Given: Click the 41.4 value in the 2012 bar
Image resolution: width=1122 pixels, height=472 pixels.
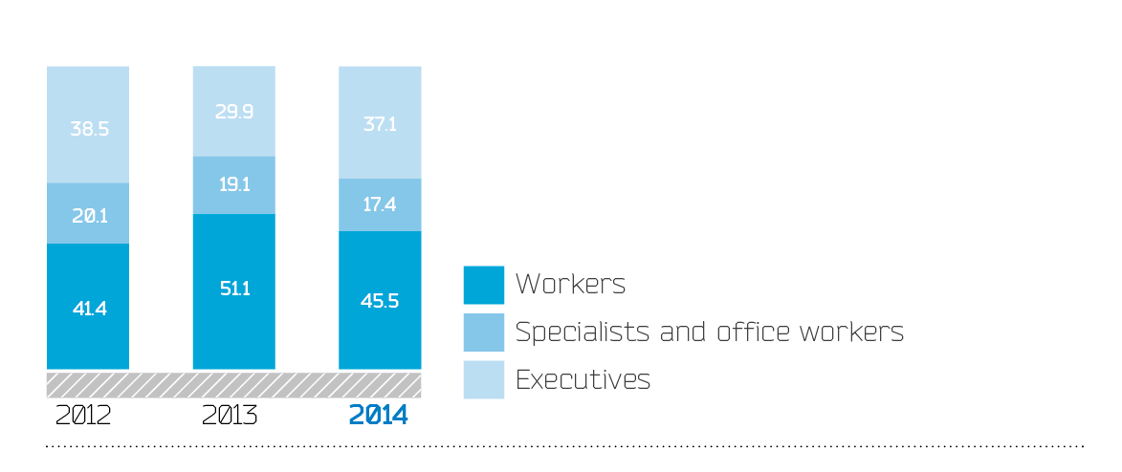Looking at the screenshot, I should [88, 309].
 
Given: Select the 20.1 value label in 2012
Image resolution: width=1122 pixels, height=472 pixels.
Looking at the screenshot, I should [88, 215].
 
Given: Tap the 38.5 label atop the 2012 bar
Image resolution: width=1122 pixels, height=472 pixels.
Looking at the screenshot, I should [88, 128].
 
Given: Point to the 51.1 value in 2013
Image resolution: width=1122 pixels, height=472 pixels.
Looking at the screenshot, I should [233, 289].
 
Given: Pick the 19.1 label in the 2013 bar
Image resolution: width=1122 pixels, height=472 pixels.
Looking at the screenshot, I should [233, 185].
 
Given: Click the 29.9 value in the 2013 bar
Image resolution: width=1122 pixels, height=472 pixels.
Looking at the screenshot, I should [233, 113].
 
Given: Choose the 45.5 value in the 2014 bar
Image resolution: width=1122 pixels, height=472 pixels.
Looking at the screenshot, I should [380, 300].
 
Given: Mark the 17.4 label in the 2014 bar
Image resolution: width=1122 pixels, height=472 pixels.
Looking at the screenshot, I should [380, 204].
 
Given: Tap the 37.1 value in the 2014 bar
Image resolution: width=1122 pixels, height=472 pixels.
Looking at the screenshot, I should [380, 123].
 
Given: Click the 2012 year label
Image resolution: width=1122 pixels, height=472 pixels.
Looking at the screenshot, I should [84, 416].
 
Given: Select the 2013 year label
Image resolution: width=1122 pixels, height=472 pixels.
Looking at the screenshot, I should [230, 416].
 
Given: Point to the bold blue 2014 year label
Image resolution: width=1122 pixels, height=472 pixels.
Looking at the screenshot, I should [378, 416].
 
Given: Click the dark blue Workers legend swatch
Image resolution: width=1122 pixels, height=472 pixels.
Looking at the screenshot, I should [483, 285].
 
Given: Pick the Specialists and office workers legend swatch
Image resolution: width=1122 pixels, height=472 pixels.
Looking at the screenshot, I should [483, 332].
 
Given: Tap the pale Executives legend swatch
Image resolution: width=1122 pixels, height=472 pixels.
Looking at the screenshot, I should [483, 379].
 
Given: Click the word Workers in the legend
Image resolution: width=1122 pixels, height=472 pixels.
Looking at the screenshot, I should [570, 285].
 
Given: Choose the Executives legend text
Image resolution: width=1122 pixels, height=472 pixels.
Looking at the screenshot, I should [583, 379].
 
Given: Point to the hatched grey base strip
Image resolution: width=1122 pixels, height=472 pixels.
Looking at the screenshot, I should [233, 384].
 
